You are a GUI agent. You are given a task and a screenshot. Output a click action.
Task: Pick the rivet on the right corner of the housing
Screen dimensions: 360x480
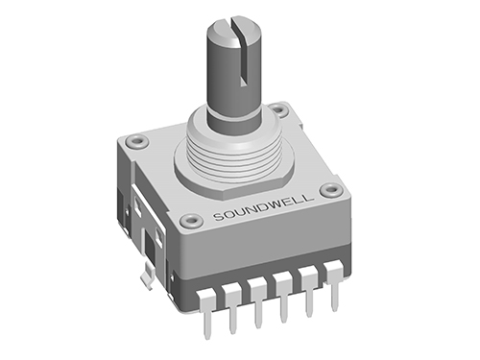pos(334,190)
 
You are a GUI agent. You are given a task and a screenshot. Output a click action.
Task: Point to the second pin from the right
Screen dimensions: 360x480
pos(308,292)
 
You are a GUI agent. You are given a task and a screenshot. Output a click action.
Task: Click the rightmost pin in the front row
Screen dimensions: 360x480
pos(333,284)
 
